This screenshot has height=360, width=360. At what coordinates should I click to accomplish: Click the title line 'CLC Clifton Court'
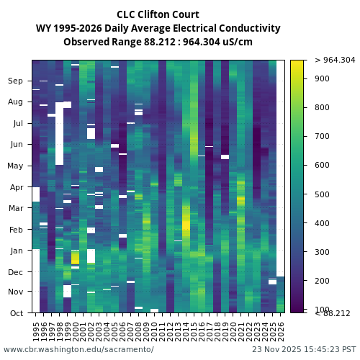click(x=158, y=14)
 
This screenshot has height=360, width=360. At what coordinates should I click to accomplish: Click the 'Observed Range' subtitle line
click(x=158, y=42)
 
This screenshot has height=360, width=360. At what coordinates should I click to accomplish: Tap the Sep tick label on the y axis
click(x=16, y=81)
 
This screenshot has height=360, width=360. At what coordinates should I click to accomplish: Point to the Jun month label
click(x=16, y=145)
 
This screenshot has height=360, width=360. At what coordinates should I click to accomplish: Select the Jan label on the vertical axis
click(x=16, y=251)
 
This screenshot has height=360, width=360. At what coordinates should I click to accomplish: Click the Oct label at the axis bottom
click(x=16, y=313)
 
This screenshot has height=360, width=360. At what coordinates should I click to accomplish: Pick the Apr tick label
click(x=16, y=187)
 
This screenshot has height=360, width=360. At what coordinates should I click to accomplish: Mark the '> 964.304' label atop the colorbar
click(x=335, y=60)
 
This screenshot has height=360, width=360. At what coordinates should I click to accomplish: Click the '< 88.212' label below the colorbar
click(x=333, y=313)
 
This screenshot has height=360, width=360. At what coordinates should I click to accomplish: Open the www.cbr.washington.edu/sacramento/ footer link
click(x=78, y=349)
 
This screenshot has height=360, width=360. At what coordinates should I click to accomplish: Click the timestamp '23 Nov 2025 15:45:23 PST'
click(x=303, y=349)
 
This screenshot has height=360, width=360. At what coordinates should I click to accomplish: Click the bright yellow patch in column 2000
click(x=75, y=258)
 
